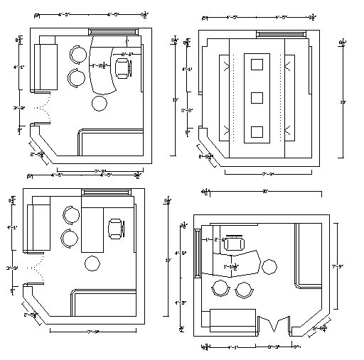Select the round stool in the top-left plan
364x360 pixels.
pyautogui.click(x=100, y=102)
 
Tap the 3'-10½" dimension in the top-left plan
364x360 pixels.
pyautogui.click(x=99, y=65)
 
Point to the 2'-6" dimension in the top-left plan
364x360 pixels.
pyautogui.click(x=127, y=54)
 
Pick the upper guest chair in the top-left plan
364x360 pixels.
pyautogui.click(x=76, y=55)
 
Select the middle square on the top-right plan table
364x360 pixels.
pyautogui.click(x=257, y=97)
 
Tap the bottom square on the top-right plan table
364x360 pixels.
pyautogui.click(x=257, y=131)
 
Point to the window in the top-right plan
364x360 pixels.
pyautogui.click(x=281, y=33)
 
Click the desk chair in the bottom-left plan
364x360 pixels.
pyautogui.click(x=114, y=229)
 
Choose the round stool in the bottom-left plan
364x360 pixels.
pyautogui.click(x=92, y=264)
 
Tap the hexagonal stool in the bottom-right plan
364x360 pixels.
pyautogui.click(x=269, y=266)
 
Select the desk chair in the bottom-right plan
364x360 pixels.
pyautogui.click(x=234, y=242)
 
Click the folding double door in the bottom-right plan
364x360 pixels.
pyautogui.click(x=273, y=324)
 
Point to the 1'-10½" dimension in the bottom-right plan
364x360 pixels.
pyautogui.click(x=231, y=266)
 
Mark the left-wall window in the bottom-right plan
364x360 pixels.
pyautogui.click(x=196, y=253)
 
